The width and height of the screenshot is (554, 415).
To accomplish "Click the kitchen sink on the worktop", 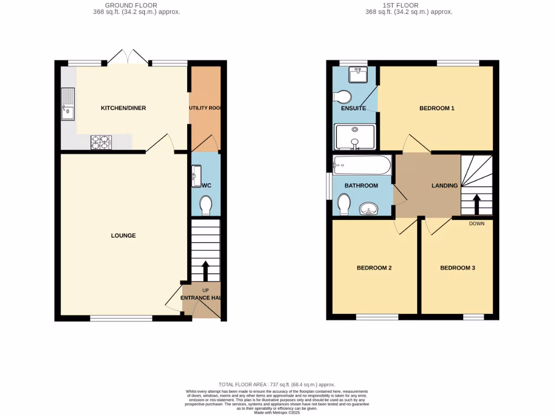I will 68,104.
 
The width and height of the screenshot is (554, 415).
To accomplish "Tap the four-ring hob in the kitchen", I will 101,142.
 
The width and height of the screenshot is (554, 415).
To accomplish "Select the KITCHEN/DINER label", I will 123,108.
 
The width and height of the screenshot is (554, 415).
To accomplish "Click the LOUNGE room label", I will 123,236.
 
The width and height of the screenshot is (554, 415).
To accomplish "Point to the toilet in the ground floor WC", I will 206,205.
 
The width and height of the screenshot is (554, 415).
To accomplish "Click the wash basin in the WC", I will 196,176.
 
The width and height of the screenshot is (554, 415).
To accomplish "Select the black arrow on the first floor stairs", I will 477,205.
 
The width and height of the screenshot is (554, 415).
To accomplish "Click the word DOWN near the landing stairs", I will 477,224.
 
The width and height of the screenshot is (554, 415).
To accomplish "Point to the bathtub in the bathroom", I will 362,165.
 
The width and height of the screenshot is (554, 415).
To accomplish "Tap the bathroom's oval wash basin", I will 370,208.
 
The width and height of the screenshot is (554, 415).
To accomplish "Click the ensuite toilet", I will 342,97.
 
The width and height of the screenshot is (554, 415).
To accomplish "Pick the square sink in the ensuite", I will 358,75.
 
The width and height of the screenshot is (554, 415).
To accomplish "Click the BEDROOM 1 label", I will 437,108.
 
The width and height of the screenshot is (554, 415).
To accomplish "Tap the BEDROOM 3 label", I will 457,268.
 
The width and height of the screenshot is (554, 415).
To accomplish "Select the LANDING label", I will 444,186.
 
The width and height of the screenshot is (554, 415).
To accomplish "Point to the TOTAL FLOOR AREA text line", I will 276,383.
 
